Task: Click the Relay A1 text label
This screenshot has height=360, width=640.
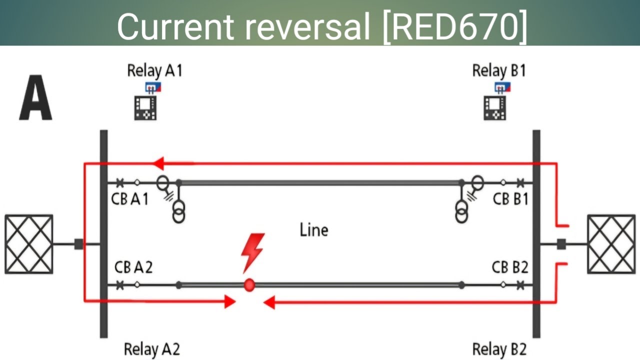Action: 154,70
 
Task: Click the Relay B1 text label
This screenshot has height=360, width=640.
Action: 499,70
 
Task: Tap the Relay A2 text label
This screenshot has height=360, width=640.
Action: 151,349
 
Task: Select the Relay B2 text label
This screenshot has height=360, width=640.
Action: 499,349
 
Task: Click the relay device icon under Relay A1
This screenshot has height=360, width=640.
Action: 145,107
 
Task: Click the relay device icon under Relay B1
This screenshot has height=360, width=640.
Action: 494,107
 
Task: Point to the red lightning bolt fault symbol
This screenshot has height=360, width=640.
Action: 252,252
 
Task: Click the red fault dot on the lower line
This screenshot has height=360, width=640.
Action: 249,285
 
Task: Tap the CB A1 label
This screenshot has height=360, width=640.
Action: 129,199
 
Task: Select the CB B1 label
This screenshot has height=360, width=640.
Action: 510,199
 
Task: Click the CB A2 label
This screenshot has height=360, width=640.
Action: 133,267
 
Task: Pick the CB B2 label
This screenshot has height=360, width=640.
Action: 510,267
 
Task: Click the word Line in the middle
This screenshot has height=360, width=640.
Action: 314,230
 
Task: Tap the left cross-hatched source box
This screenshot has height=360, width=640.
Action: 29,244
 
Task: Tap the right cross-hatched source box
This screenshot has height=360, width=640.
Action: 611,244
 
